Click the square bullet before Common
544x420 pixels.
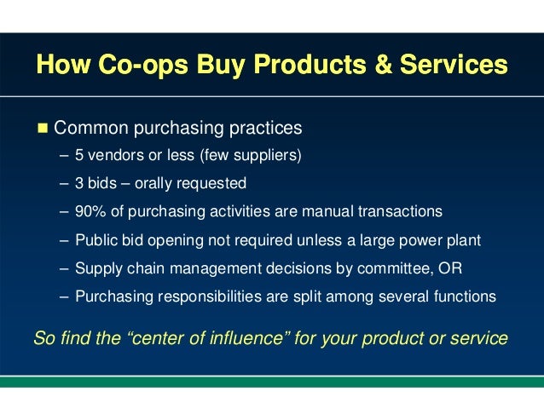[41, 129]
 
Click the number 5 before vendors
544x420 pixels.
[79, 156]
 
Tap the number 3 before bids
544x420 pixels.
[79, 183]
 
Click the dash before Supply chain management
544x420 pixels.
[66, 268]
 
